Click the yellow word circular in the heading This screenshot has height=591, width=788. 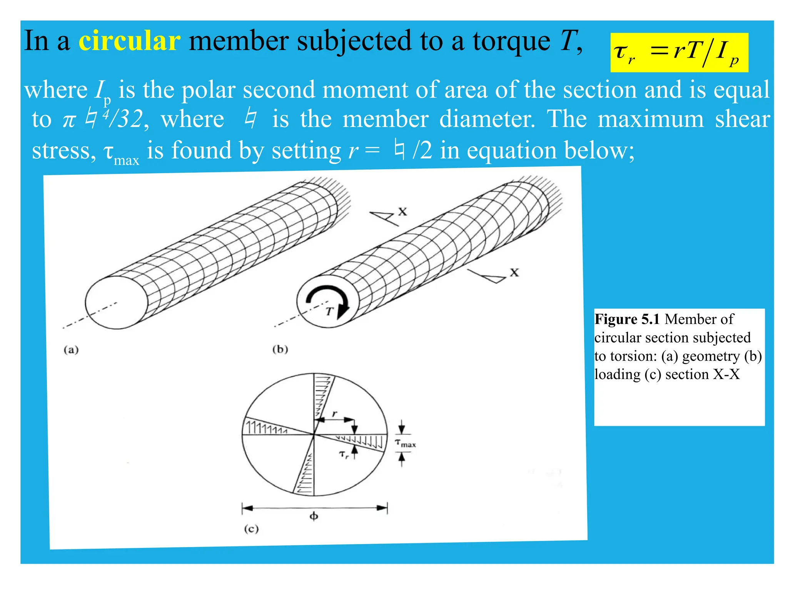(129, 41)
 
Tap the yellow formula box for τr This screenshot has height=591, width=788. (679, 53)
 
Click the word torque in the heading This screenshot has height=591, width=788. (511, 41)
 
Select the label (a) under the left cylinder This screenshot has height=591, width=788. (71, 350)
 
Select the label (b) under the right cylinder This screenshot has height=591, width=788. (280, 349)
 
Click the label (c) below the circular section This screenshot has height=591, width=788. (251, 529)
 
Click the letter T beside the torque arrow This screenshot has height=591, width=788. (329, 312)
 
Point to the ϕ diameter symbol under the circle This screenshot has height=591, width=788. (314, 516)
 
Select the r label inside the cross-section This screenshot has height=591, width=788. (334, 414)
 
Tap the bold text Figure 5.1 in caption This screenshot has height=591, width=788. (627, 319)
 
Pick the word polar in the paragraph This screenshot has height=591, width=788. (208, 90)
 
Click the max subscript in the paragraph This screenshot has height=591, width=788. (126, 160)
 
